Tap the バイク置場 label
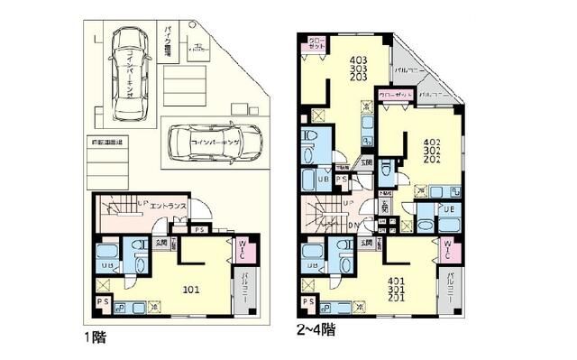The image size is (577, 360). click(168, 41)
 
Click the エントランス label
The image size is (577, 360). click(168, 207)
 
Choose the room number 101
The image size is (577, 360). click(192, 289)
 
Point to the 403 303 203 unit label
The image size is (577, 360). click(359, 69)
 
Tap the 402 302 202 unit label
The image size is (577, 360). click(431, 150)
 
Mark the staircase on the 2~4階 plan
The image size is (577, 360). click(328, 215)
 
